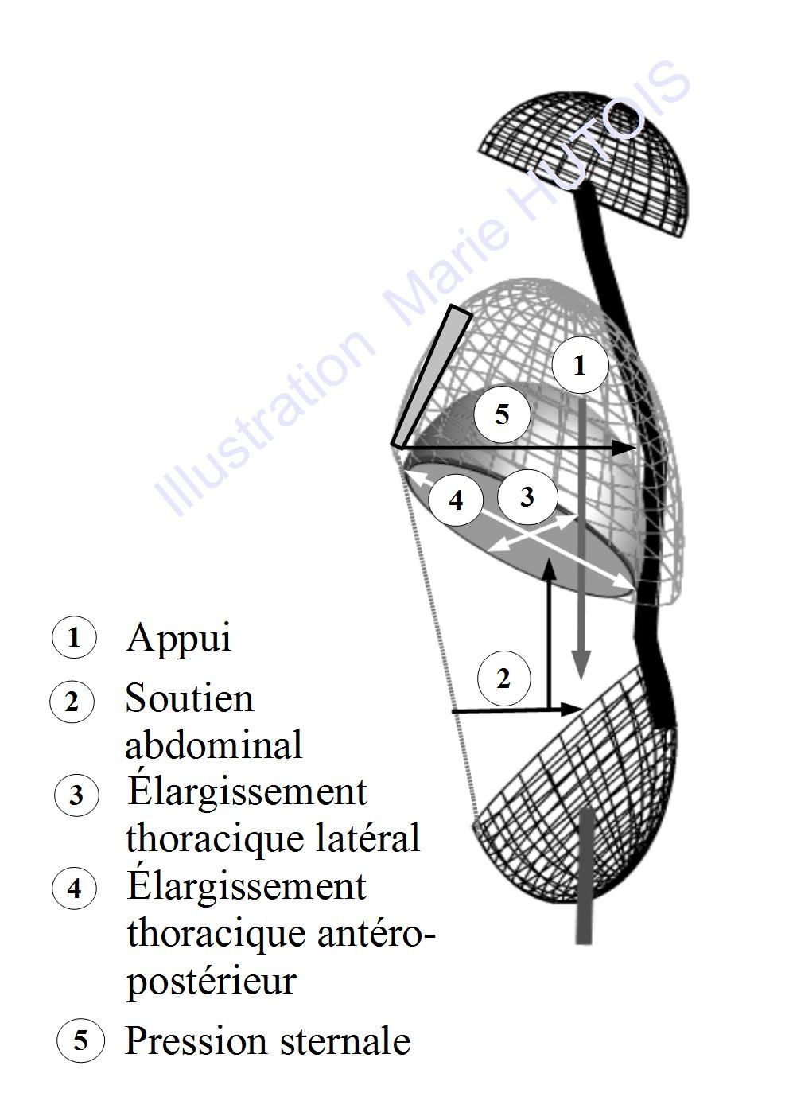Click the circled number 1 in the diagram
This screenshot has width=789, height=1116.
pos(581,365)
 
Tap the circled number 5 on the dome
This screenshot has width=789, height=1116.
pos(502,414)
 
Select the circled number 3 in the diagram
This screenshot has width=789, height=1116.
pos(527,496)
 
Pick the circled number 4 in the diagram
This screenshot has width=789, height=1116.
pos(456,500)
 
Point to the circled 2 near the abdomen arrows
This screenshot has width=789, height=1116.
pos(503,679)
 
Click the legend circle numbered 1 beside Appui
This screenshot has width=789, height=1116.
pos(74,637)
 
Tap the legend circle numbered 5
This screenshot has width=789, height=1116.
pos(80,1040)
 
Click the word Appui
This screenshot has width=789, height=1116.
pos(179,638)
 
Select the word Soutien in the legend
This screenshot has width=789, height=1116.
pos(189,698)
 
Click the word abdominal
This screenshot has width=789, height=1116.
pos(213,745)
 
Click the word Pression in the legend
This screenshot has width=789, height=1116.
pos(196,1040)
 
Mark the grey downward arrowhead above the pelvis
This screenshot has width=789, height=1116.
pos(581,665)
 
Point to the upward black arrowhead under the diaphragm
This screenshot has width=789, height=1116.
pos(549,568)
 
